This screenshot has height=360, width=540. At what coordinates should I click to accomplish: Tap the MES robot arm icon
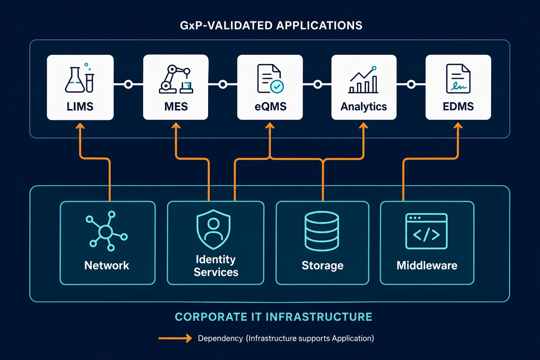pyautogui.click(x=176, y=79)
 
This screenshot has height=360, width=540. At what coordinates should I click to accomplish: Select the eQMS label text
pyautogui.click(x=270, y=107)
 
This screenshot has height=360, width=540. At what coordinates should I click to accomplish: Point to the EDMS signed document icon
pyautogui.click(x=458, y=79)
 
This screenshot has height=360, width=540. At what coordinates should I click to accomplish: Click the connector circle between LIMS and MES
pyautogui.click(x=128, y=84)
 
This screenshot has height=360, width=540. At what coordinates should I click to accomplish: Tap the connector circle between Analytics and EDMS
pyautogui.click(x=411, y=84)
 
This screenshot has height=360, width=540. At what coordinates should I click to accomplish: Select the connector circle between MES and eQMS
pyautogui.click(x=223, y=84)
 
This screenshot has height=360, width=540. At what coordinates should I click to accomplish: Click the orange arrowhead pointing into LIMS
pyautogui.click(x=80, y=126)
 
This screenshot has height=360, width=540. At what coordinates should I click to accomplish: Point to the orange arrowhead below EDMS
pyautogui.click(x=458, y=126)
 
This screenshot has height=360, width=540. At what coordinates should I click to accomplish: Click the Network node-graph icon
pyautogui.click(x=107, y=231)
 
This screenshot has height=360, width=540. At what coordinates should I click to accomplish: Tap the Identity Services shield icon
pyautogui.click(x=213, y=229)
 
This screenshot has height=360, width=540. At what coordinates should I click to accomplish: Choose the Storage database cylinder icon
pyautogui.click(x=322, y=231)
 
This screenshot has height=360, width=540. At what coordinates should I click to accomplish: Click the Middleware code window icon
pyautogui.click(x=426, y=231)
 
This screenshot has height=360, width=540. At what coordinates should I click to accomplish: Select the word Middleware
pyautogui.click(x=427, y=265)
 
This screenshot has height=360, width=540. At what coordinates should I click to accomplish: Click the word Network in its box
pyautogui.click(x=107, y=265)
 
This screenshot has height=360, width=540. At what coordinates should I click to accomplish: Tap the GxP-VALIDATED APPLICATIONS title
pyautogui.click(x=271, y=26)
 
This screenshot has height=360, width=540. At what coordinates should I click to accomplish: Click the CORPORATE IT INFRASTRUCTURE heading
pyautogui.click(x=274, y=317)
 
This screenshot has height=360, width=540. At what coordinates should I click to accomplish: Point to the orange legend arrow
pyautogui.click(x=175, y=338)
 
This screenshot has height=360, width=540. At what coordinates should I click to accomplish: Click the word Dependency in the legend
pyautogui.click(x=220, y=339)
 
